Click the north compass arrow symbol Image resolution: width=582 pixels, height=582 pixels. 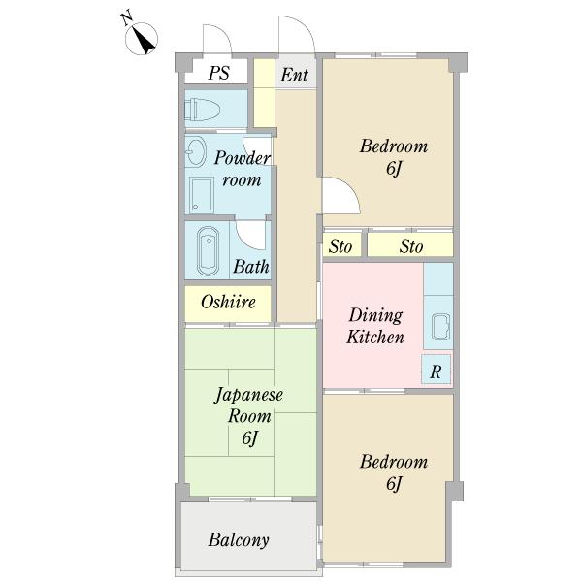coord(142,38)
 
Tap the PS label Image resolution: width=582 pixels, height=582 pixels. coord(218,73)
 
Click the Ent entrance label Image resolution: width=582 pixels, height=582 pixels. coord(294,75)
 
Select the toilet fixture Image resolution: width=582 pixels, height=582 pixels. coord(203,110)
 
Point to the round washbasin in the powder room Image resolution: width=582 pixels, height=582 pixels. coord(195,151)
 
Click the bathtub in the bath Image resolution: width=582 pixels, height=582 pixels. coord(208,251)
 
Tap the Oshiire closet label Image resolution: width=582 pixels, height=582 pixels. coord(228,302)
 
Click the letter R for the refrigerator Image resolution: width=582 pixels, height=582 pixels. coord(436,372)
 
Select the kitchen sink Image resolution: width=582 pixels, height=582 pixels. coord(441,327)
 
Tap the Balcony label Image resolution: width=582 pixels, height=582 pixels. coord(239,540)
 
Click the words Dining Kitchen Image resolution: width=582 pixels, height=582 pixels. coord(374,326)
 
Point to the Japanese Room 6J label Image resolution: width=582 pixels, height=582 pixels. coord(249,416)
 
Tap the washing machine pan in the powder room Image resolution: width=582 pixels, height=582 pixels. coord(201,195)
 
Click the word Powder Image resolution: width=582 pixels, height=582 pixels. coord(242,158)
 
